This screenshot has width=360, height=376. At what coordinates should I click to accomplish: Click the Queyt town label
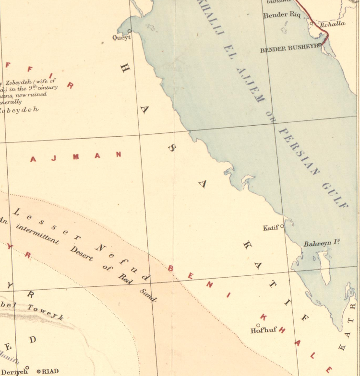point(121,37)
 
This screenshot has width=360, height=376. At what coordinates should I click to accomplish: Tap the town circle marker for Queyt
point(129,31)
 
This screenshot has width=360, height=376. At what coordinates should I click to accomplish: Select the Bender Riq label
point(281,15)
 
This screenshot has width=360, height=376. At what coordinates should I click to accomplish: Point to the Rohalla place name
point(333,23)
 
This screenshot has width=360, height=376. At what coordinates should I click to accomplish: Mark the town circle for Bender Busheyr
point(319,45)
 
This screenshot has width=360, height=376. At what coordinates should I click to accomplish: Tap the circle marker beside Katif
point(282,225)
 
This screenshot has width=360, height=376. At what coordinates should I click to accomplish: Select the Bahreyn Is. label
point(322,244)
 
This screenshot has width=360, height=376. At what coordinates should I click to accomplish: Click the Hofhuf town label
point(261,331)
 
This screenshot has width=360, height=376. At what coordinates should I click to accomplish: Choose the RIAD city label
point(50,371)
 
